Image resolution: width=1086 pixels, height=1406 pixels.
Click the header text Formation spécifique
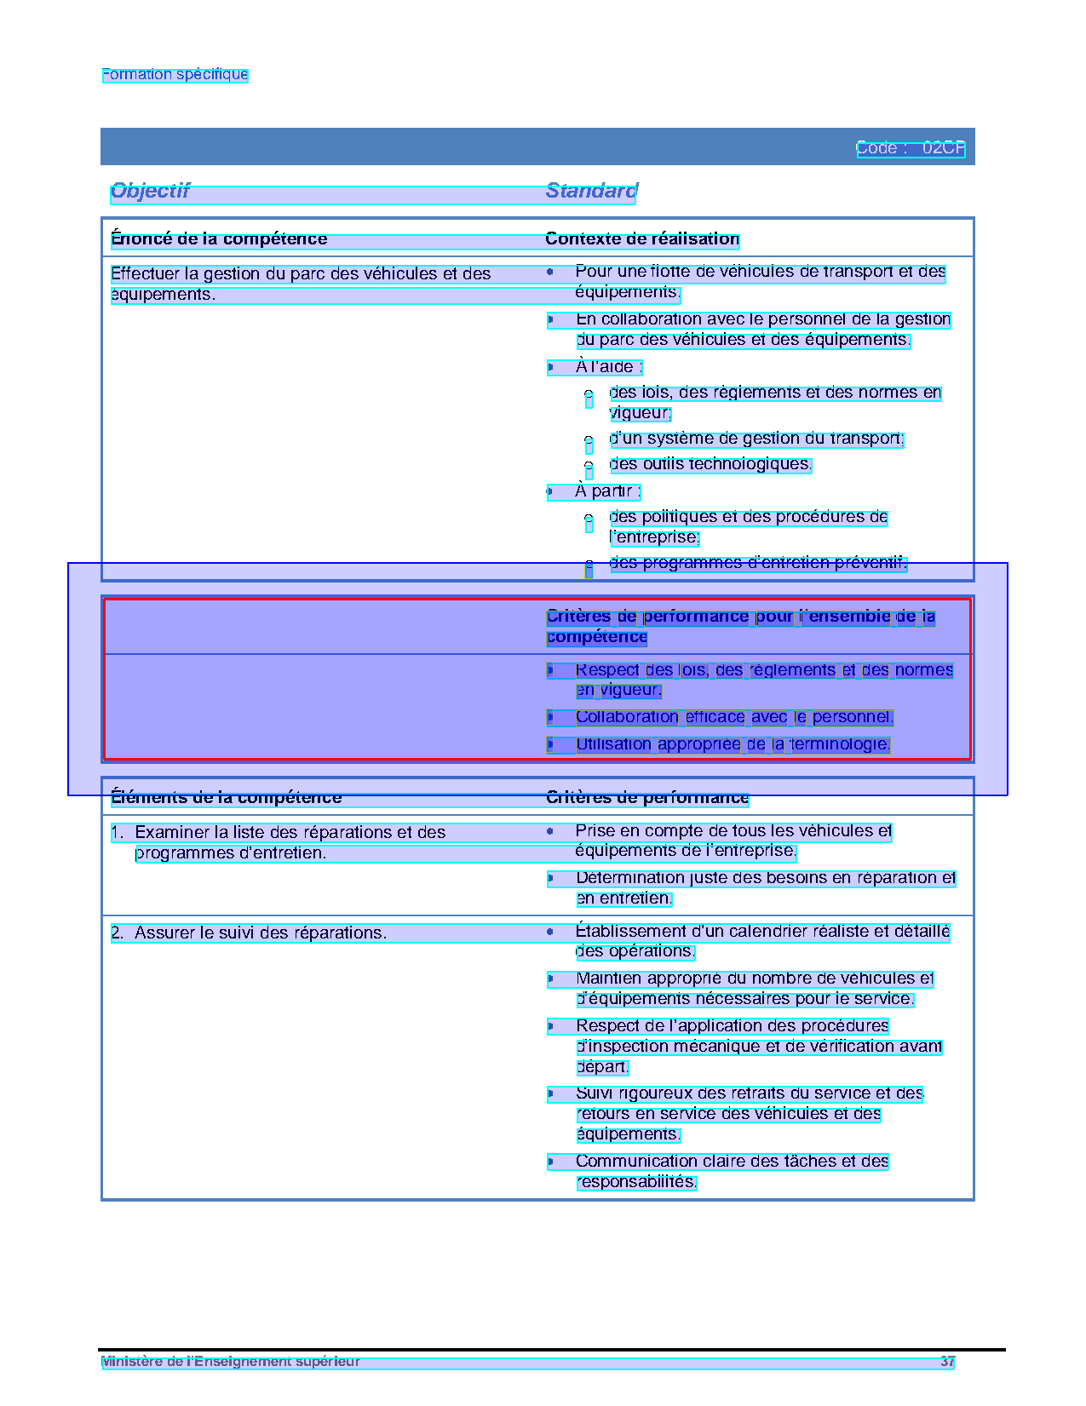(x=175, y=75)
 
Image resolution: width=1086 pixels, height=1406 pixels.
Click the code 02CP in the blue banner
(x=943, y=148)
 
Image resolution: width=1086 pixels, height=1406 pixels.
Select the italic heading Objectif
(x=150, y=191)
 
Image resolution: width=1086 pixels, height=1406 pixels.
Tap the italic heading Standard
(x=591, y=191)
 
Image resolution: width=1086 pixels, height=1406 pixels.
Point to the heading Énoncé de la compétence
(x=219, y=239)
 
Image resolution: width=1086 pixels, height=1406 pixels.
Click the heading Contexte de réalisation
(x=642, y=239)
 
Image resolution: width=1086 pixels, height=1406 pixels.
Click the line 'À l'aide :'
(x=607, y=367)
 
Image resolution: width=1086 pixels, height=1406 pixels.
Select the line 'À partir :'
(x=606, y=491)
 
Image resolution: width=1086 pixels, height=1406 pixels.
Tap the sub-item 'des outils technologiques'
(x=710, y=464)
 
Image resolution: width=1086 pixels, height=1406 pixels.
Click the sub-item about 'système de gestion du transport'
(x=756, y=439)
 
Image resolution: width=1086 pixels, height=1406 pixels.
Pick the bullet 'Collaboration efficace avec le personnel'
(x=734, y=717)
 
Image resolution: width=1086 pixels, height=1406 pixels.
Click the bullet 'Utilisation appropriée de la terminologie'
(x=733, y=744)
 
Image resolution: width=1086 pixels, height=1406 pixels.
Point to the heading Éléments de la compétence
(x=226, y=798)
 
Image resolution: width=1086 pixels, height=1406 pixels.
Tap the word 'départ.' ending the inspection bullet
(x=602, y=1067)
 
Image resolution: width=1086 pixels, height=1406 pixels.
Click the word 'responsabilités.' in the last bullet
(x=636, y=1182)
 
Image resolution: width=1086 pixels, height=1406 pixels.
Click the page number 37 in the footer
(x=947, y=1362)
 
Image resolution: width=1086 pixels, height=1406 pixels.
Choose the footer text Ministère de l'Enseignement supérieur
(x=231, y=1362)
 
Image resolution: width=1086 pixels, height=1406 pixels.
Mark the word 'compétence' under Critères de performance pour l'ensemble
(x=597, y=637)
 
